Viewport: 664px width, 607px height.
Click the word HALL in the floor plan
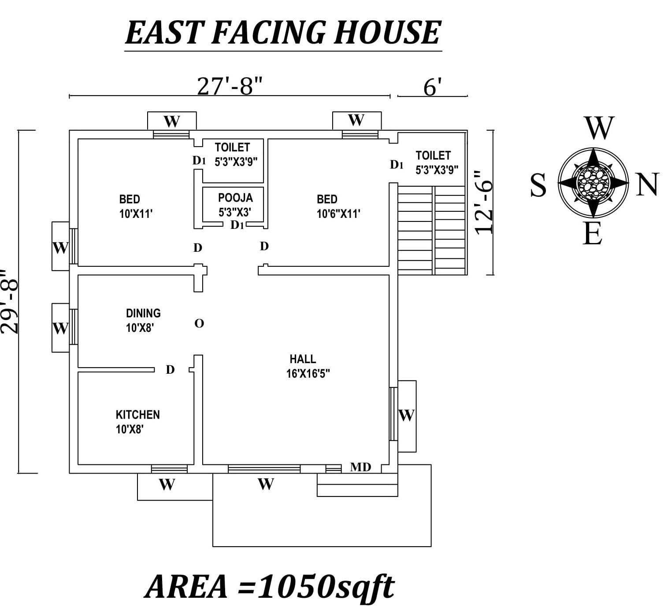click(303, 359)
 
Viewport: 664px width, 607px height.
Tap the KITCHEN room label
click(137, 415)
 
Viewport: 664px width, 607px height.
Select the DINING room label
click(143, 313)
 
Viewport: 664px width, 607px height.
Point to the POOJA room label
click(235, 198)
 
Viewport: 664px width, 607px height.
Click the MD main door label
click(360, 467)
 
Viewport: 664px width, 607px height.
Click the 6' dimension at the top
click(432, 87)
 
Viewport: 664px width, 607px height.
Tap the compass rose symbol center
click(593, 182)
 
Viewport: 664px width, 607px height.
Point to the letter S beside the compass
click(538, 185)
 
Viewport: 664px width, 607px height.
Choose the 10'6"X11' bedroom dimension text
click(338, 214)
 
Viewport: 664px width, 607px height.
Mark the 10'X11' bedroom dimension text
click(136, 214)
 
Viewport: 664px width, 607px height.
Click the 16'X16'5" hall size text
click(308, 374)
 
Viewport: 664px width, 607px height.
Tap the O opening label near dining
click(199, 324)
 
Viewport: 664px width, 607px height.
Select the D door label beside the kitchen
click(170, 370)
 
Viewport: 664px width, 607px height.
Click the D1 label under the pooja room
click(237, 225)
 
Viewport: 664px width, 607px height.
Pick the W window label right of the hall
click(406, 415)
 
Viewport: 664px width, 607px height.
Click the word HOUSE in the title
click(386, 33)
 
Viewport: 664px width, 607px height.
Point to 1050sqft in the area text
click(326, 587)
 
